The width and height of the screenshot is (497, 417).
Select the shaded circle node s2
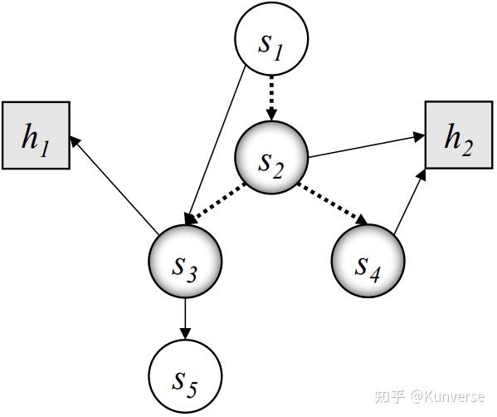(271, 158)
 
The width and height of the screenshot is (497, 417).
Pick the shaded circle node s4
(368, 262)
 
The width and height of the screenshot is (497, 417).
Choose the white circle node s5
(185, 375)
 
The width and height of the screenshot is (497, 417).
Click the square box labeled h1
(36, 136)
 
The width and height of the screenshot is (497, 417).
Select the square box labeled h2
(457, 136)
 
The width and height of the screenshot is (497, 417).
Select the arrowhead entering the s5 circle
(185, 333)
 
